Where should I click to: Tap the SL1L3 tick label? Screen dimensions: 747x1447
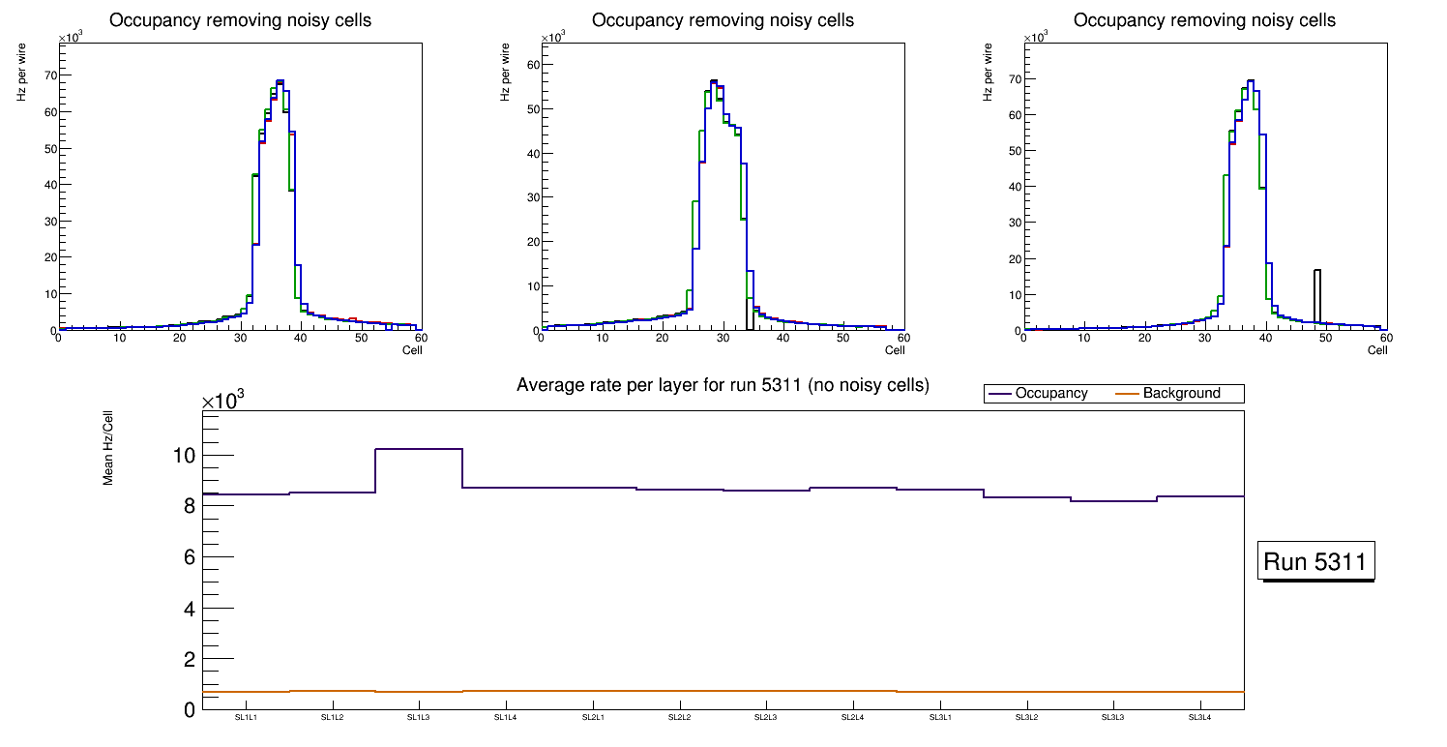coord(419,718)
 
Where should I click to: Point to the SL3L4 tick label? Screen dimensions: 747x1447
coord(1199,718)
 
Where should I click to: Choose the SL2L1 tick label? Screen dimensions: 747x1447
coord(592,718)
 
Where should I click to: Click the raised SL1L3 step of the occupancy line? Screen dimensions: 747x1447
coord(419,449)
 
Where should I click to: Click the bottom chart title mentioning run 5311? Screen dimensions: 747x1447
coord(723,385)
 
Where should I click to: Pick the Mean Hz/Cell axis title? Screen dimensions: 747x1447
coord(108,452)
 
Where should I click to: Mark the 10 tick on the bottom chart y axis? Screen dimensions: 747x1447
coord(184,456)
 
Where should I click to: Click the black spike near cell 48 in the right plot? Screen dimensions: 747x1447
coord(1316,290)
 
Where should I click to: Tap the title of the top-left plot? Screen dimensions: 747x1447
coord(240,20)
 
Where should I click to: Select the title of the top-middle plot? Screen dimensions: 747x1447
coord(723,20)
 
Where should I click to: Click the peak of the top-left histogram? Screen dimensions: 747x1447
coord(280,81)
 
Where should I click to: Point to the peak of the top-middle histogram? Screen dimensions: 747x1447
coord(714,81)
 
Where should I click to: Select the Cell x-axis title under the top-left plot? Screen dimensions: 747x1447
coord(412,350)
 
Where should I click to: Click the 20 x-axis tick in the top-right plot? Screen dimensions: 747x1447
coord(1144,338)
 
